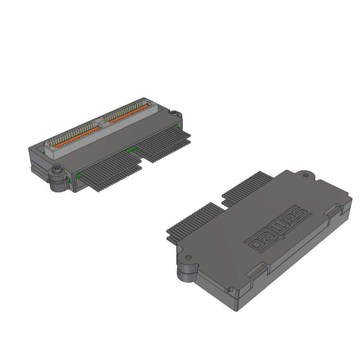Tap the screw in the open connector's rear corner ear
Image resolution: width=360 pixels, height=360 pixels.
coord(174,112)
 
